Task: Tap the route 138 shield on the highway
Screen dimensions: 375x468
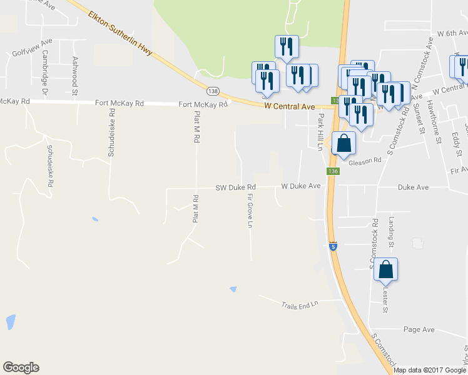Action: (214, 91)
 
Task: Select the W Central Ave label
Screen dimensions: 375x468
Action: (289, 107)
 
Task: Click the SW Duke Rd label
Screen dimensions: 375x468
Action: (236, 187)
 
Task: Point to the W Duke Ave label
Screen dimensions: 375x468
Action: (300, 186)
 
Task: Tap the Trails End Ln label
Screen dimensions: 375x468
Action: (299, 303)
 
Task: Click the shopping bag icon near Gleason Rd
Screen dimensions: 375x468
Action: (343, 144)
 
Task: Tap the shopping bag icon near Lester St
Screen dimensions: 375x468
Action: (385, 269)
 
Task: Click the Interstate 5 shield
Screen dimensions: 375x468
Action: (333, 246)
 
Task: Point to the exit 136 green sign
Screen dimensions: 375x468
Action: (332, 171)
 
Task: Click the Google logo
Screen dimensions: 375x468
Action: (21, 367)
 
